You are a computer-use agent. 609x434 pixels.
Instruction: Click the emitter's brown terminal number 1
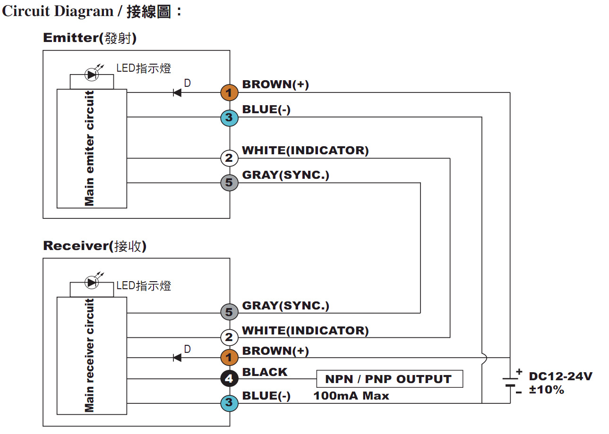229,92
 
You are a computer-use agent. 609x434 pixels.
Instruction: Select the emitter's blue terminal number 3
229,117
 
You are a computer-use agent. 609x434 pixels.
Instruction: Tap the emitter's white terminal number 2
229,158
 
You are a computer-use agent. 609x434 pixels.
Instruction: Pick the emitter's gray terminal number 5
229,183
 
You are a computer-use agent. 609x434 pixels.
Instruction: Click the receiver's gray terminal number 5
229,312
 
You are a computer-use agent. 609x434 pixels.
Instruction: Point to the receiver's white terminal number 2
229,337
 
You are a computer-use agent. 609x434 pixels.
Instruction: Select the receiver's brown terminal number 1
229,357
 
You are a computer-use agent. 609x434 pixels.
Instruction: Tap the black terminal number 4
229,378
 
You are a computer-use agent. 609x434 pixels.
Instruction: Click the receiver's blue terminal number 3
229,403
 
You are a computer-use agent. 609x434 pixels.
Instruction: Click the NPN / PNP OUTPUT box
389,379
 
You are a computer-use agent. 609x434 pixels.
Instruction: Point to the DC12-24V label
560,376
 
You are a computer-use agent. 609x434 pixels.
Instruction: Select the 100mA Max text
351,396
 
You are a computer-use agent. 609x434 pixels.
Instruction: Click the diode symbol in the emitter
177,92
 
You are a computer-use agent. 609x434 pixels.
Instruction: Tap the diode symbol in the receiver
177,357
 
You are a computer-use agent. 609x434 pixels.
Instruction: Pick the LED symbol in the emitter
91,74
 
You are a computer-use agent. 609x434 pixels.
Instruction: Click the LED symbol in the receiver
91,282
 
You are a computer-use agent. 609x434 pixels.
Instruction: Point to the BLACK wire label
265,372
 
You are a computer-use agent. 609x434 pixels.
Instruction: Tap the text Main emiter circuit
89,148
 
